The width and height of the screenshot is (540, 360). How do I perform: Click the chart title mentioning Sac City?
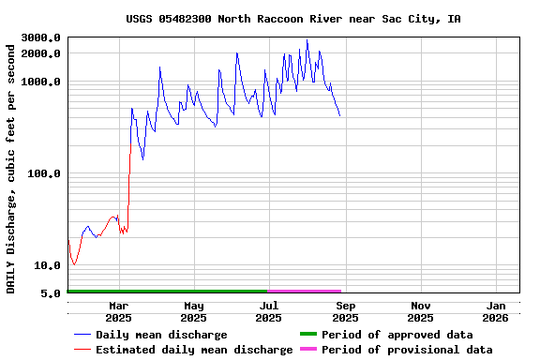click(x=292, y=19)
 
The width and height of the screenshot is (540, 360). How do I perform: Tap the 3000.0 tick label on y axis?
click(x=41, y=37)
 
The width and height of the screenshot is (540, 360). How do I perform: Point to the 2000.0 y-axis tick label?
click(x=41, y=53)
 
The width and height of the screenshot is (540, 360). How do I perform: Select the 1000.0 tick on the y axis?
click(x=41, y=82)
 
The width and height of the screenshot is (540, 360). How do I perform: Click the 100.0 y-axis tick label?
click(x=44, y=173)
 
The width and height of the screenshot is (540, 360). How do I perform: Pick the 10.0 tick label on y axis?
click(x=48, y=265)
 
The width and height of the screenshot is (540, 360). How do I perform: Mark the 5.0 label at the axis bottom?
click(x=52, y=293)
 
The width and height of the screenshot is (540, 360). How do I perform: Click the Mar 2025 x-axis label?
click(x=119, y=311)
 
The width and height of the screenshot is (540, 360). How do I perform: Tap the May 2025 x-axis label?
click(x=194, y=311)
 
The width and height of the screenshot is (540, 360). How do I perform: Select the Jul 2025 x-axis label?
click(x=269, y=311)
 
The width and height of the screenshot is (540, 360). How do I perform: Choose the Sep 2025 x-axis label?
click(x=345, y=311)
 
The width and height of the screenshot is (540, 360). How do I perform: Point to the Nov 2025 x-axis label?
click(x=421, y=311)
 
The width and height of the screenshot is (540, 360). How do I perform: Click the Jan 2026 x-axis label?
click(x=496, y=311)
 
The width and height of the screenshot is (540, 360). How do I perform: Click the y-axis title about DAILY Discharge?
click(x=11, y=166)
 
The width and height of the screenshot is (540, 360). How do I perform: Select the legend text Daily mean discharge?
click(x=161, y=335)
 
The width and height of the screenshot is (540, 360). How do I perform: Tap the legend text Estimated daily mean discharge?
click(x=194, y=350)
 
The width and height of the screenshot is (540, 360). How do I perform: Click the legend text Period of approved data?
click(x=397, y=335)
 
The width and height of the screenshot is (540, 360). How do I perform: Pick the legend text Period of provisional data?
click(x=407, y=350)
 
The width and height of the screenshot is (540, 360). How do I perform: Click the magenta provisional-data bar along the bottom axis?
click(x=305, y=292)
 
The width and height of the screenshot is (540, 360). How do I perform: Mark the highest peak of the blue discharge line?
click(x=307, y=40)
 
